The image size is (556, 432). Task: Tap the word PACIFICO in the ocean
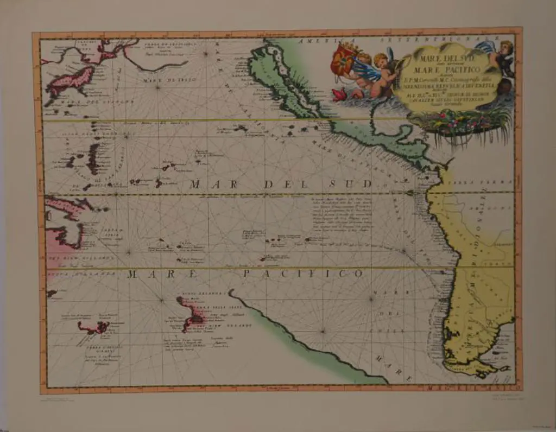tap(302, 274)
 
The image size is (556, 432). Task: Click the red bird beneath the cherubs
tap(340, 94)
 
